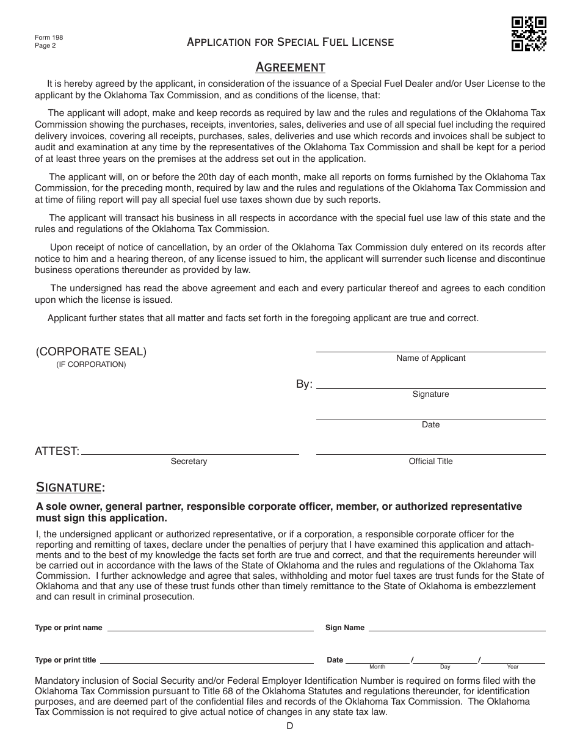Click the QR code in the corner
(x=528, y=34)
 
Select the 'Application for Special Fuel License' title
(x=290, y=42)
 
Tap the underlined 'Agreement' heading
(x=290, y=67)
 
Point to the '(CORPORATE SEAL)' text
(x=91, y=352)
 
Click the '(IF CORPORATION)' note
(x=91, y=365)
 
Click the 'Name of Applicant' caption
(x=430, y=358)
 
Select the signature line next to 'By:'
(x=430, y=385)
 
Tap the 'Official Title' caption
(x=430, y=462)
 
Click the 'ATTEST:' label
(x=57, y=451)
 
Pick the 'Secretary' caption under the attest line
(x=189, y=462)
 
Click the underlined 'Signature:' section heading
(x=70, y=487)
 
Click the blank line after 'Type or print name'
(x=211, y=628)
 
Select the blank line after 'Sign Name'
(x=457, y=628)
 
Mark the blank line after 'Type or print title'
(x=206, y=661)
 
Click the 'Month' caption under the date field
(x=377, y=667)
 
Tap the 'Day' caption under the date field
(x=445, y=667)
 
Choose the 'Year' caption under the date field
(x=513, y=667)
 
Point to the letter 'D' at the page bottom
(x=290, y=725)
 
